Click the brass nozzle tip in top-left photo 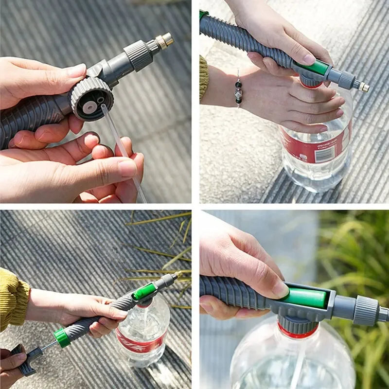pos(165,39)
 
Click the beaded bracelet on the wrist pos(238,90)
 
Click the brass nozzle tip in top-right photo pos(363,87)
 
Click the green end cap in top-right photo pos(203,14)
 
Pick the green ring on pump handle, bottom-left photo pos(62,337)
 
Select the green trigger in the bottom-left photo pos(144,292)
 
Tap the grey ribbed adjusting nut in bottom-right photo pos(366,311)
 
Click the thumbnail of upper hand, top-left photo pos(77,71)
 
